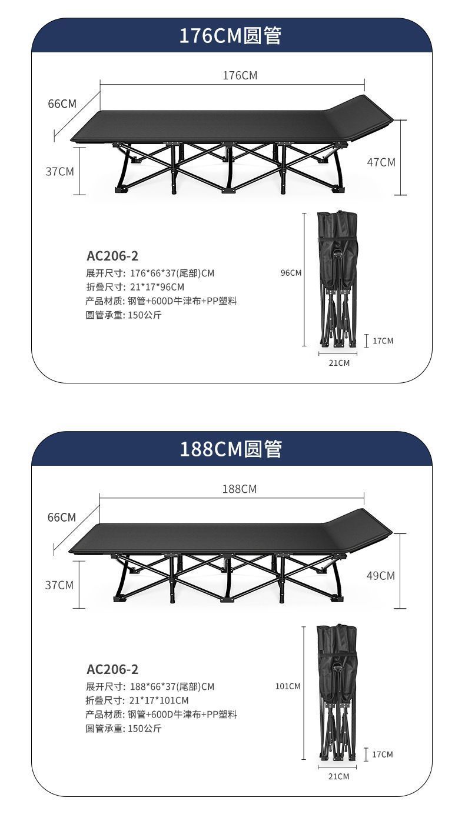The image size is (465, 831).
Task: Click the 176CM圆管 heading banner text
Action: point(231,36)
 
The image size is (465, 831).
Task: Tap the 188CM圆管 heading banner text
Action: point(231,449)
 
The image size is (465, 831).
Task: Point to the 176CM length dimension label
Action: point(240,75)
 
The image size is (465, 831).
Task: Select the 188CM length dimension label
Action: point(240,489)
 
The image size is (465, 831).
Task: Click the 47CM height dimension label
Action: point(381,162)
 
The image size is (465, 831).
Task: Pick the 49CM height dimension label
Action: point(381,576)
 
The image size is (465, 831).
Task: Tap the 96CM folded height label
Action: point(291,272)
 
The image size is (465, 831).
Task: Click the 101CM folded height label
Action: point(288,686)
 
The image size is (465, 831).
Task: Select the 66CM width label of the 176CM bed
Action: point(62,104)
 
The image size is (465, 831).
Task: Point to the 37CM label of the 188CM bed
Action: point(59,585)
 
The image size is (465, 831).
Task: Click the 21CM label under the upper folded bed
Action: point(338,363)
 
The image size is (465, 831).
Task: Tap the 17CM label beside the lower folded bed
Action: point(383,754)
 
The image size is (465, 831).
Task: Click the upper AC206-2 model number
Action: point(112,256)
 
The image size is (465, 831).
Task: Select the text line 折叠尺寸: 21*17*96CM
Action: point(135,287)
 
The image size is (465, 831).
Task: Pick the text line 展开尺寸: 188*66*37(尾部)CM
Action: point(150,686)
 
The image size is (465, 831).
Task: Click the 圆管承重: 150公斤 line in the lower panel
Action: point(124,729)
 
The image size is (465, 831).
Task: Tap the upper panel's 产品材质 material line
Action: point(161,301)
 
